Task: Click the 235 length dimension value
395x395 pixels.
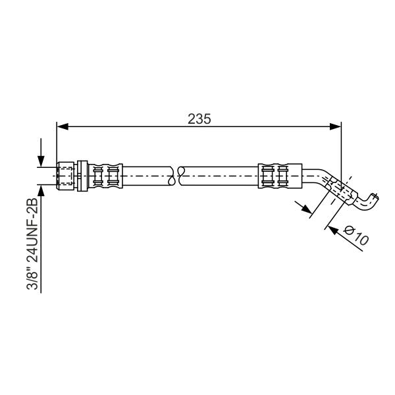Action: [x=199, y=119]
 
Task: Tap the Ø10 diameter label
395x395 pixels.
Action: [x=356, y=235]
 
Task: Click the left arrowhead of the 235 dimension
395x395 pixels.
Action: [x=63, y=126]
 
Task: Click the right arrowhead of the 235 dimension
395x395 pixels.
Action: [x=335, y=126]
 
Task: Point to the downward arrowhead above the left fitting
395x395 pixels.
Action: [x=41, y=161]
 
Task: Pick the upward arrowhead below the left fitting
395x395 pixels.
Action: [x=41, y=190]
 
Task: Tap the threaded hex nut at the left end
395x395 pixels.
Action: [x=66, y=176]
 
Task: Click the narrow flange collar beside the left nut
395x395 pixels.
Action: [x=82, y=176]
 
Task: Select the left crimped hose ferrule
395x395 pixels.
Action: [x=105, y=176]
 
